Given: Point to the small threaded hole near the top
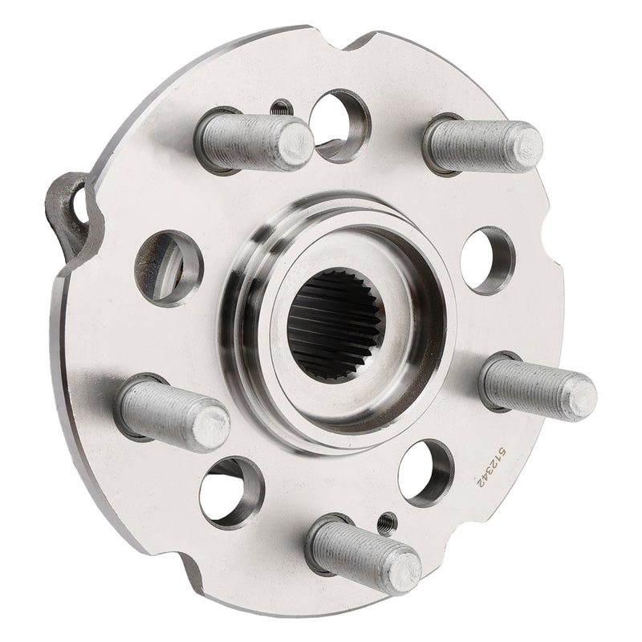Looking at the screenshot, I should [x=281, y=107].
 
